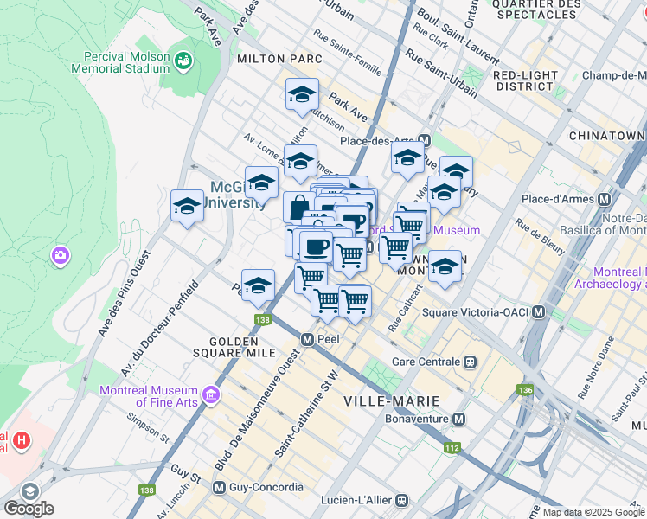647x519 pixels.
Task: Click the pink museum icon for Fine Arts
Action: click(210, 397)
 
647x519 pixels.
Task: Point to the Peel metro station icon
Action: click(306, 339)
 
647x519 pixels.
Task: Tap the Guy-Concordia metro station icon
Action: click(220, 487)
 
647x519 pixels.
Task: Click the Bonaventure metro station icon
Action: click(459, 420)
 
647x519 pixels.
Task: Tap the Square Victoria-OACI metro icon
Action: click(539, 311)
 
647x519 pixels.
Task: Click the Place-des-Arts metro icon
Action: click(424, 140)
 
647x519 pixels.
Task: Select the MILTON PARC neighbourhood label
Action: click(279, 59)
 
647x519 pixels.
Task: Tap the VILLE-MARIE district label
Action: click(391, 400)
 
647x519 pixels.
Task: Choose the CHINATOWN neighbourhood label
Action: click(607, 137)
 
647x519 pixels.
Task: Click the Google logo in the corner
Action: click(29, 509)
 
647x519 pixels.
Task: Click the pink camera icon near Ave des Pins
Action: click(60, 255)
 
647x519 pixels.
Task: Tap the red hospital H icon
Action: click(21, 441)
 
